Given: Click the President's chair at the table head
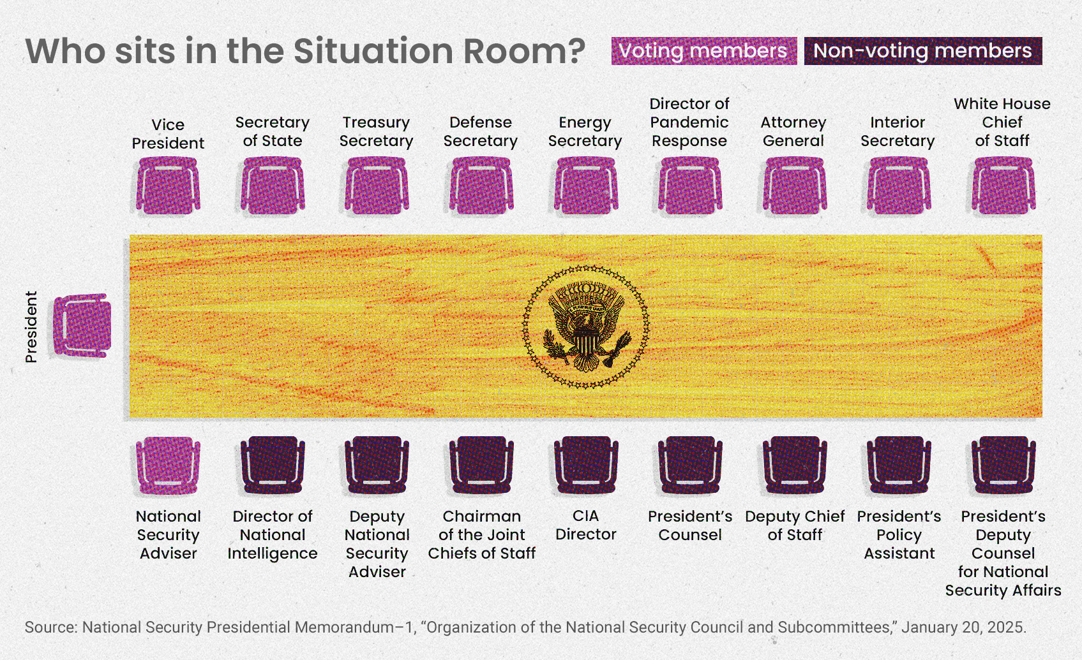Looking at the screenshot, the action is pyautogui.click(x=82, y=326).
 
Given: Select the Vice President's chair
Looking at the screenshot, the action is pyautogui.click(x=168, y=186).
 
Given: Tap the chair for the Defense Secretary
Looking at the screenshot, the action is pyautogui.click(x=481, y=186).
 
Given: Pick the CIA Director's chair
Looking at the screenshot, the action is pyautogui.click(x=586, y=465).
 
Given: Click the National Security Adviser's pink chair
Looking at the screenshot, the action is pyautogui.click(x=168, y=465).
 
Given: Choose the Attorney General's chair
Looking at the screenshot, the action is pyautogui.click(x=795, y=186).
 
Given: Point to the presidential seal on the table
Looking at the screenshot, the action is pyautogui.click(x=586, y=326).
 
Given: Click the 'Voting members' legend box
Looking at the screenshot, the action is pyautogui.click(x=704, y=50).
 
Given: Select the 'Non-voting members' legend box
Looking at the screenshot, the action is pyautogui.click(x=923, y=50).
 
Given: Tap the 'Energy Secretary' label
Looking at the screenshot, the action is pyautogui.click(x=585, y=131).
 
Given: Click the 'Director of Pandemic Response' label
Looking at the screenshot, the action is pyautogui.click(x=689, y=122).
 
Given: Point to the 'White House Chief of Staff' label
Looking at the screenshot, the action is pyautogui.click(x=1002, y=122).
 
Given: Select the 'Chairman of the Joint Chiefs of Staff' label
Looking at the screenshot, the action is pyautogui.click(x=481, y=534).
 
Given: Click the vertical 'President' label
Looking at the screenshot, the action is pyautogui.click(x=31, y=326).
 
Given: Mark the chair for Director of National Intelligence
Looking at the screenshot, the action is pyautogui.click(x=273, y=465).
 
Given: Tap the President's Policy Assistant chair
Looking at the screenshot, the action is pyautogui.click(x=899, y=465).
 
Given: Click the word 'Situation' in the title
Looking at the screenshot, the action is pyautogui.click(x=373, y=50).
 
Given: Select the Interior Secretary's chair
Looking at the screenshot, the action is pyautogui.click(x=899, y=186).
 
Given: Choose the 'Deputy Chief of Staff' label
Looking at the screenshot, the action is pyautogui.click(x=795, y=525).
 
